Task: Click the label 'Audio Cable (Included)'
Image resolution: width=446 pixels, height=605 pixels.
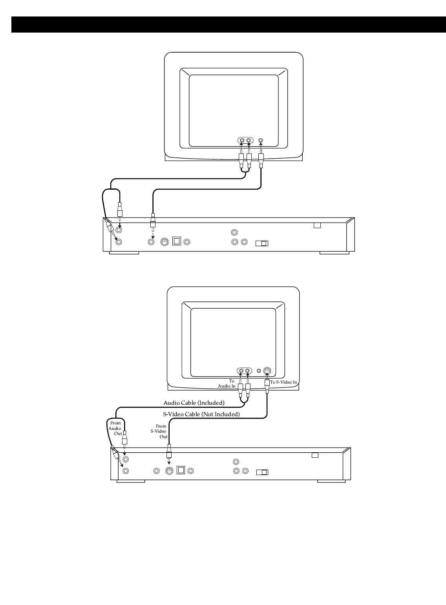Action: coord(194,403)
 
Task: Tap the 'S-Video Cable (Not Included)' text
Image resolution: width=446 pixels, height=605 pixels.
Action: coord(201,414)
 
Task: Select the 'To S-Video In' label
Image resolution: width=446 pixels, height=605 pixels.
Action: coord(283,382)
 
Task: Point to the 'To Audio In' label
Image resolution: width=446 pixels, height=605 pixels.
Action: coord(227,384)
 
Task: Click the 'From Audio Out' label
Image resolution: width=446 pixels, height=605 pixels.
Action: coord(115,428)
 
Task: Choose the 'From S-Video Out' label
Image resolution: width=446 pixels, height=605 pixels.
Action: coord(159,431)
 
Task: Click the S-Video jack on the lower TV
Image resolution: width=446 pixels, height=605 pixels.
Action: coord(267,371)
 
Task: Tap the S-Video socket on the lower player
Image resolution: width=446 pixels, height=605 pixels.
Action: coord(169,471)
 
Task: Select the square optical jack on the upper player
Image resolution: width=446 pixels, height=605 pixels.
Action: coord(177,241)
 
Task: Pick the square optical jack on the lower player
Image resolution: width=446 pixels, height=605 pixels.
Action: coord(181,470)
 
